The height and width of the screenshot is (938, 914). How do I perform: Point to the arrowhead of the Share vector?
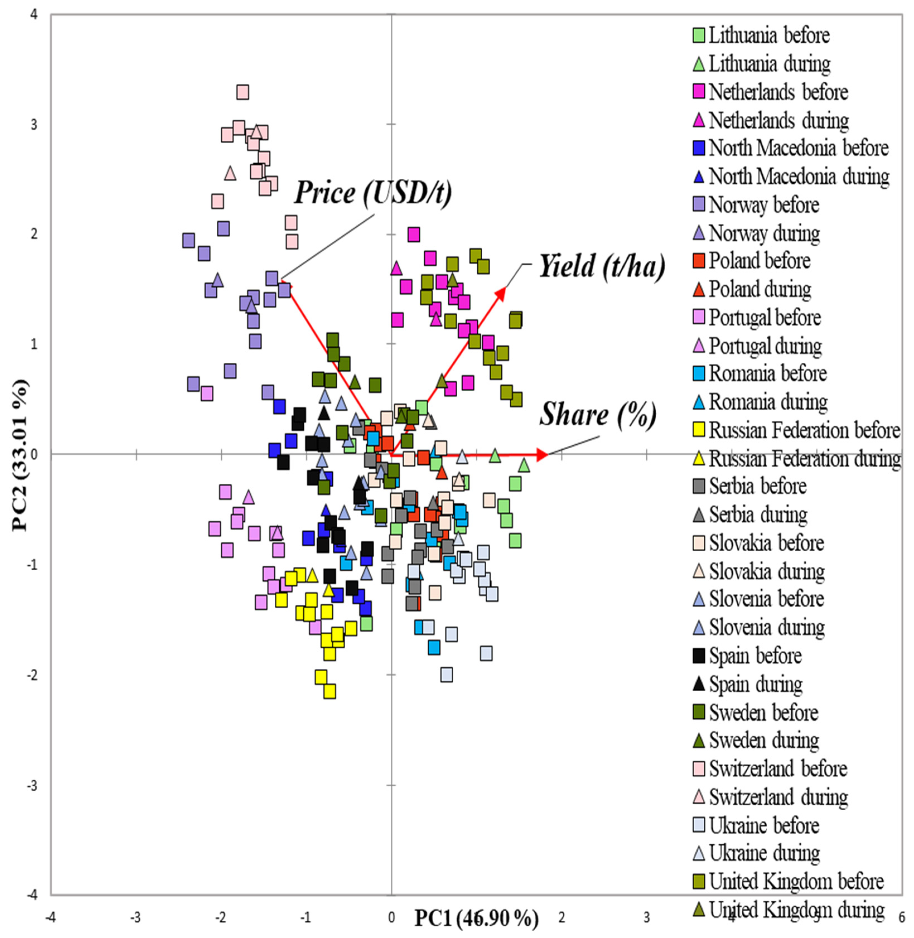[542, 454]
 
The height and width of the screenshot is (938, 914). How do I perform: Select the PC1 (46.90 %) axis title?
[476, 919]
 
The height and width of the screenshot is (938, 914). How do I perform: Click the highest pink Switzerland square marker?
[243, 92]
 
